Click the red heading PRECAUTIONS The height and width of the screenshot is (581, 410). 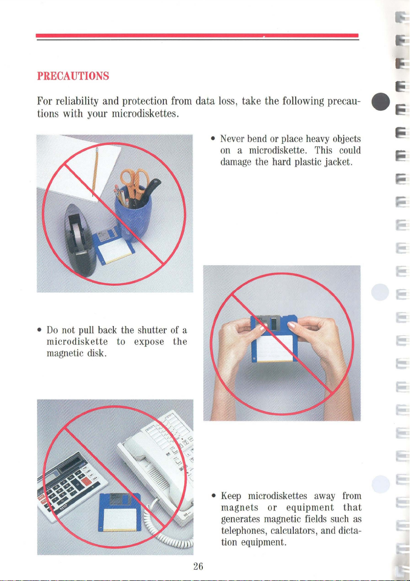(x=73, y=76)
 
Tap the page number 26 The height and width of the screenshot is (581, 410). (x=198, y=566)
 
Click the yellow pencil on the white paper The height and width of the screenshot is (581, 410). (x=95, y=171)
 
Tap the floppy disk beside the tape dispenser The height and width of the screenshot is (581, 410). (x=114, y=245)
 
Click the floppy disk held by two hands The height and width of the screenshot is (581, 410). (x=274, y=339)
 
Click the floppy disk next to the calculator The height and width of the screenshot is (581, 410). (x=120, y=512)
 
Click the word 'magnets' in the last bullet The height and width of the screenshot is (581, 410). (x=240, y=508)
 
